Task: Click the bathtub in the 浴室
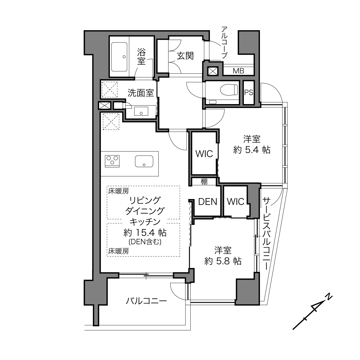tap(119, 57)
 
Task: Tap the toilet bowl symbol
tap(229, 90)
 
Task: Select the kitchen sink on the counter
tap(144, 161)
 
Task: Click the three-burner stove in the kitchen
tap(112, 161)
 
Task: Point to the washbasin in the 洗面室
tap(141, 111)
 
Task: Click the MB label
tap(238, 71)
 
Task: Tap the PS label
tap(249, 93)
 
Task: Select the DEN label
tap(208, 202)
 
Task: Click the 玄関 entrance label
tap(185, 56)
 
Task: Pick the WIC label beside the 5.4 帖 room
tap(204, 154)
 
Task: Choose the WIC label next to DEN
tap(235, 202)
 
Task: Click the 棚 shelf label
tap(204, 181)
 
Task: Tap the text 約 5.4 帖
tap(252, 150)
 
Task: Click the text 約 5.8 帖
tap(223, 261)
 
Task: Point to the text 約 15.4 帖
tap(145, 233)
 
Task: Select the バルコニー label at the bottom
tap(146, 301)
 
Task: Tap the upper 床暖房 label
tap(118, 191)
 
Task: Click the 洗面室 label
tap(141, 93)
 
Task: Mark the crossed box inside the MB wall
tap(213, 71)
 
